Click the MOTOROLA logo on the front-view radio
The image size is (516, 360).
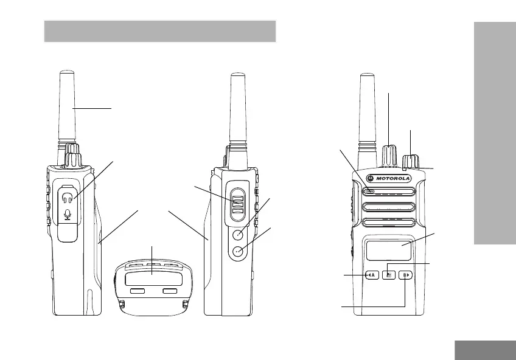coord(389,178)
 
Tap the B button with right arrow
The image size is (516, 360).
coord(405,275)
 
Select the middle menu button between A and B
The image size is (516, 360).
coord(389,275)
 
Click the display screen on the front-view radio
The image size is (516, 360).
coord(389,251)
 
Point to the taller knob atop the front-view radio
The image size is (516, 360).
coord(389,155)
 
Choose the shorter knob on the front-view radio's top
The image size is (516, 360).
coord(411,161)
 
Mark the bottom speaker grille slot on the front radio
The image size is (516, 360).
coord(389,223)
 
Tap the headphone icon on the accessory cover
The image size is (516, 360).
coord(68,199)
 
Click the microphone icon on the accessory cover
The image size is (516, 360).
coord(68,214)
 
